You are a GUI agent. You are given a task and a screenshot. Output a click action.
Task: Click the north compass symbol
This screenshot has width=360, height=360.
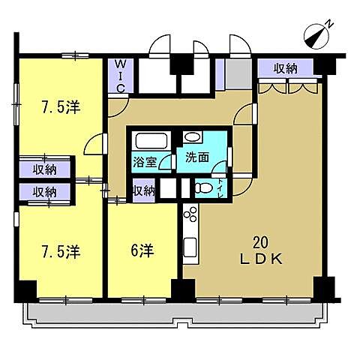click(321, 34)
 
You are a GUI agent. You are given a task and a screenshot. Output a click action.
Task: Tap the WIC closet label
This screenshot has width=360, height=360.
click(119, 76)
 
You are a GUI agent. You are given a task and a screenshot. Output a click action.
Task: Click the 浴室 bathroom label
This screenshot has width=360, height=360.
click(145, 160)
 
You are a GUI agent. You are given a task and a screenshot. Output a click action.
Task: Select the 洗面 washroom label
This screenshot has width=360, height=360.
click(188, 158)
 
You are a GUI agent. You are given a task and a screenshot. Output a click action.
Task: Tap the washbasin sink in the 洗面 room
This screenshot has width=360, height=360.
click(192, 138)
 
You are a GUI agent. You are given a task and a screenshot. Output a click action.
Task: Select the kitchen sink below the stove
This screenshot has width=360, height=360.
click(189, 247)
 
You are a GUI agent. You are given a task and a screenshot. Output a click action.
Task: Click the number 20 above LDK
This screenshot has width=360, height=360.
click(260, 242)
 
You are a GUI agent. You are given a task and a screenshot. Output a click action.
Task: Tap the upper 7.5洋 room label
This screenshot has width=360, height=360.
click(59, 107)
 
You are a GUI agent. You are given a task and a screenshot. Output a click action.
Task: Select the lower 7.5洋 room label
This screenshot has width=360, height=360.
click(59, 253)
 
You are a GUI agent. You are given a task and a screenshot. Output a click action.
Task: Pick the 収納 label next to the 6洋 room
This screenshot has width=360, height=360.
click(143, 190)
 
